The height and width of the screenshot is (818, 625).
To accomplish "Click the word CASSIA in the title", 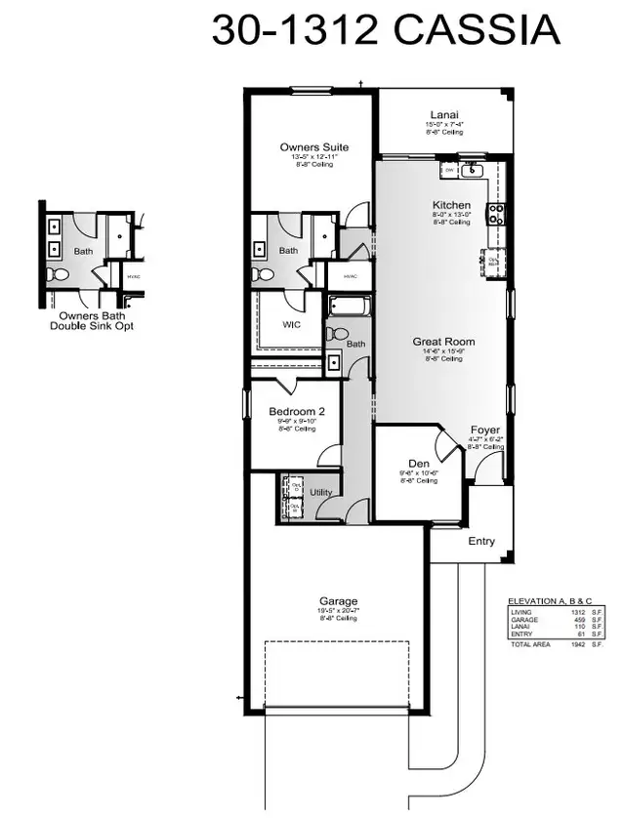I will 477,31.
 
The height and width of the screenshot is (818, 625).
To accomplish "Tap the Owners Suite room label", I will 313,147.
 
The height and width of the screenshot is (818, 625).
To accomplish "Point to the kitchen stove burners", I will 497,214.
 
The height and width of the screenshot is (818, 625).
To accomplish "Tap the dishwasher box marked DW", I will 449,171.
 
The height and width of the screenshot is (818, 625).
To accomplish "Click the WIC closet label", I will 290,323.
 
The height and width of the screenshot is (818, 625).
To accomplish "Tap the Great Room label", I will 443,342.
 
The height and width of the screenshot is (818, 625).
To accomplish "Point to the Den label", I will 418,464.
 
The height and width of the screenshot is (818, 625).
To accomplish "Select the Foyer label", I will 485,429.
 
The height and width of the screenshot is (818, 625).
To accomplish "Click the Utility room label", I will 321,493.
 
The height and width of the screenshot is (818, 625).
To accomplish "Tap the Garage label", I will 339,601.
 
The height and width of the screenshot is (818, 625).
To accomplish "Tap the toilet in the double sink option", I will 58,276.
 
